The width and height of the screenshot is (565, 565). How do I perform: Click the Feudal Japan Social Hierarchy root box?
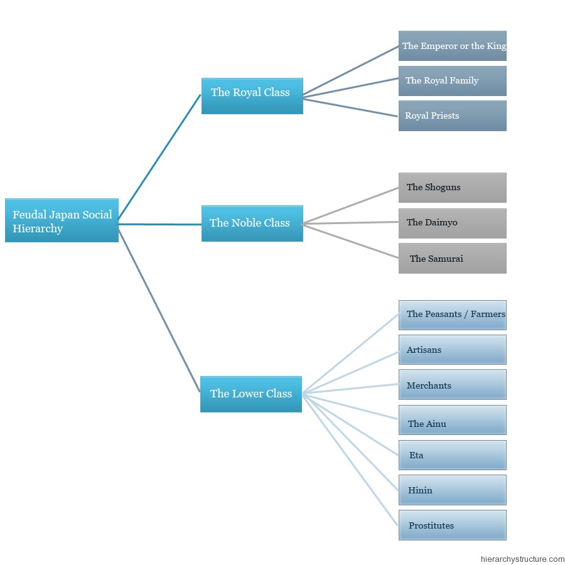tap(62, 220)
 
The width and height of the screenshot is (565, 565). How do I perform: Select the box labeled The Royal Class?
tap(252, 96)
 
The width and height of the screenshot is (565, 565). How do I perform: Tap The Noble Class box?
tap(252, 223)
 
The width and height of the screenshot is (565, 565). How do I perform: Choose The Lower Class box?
tap(251, 394)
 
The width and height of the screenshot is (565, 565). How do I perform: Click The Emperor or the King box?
tap(452, 46)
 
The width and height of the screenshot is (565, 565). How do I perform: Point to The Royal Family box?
tap(452, 81)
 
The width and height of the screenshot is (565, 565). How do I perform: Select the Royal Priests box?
tap(452, 116)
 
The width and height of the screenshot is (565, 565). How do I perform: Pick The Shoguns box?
tap(452, 188)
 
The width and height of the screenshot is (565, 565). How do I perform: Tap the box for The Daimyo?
tap(452, 223)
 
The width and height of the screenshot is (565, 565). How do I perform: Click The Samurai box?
tap(452, 259)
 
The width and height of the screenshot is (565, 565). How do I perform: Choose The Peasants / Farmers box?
tap(452, 315)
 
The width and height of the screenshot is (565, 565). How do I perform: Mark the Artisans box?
tap(452, 350)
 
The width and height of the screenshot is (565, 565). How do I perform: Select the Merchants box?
tap(452, 384)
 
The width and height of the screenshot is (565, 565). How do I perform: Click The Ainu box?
tap(452, 420)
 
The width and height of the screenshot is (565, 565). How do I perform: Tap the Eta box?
tap(452, 455)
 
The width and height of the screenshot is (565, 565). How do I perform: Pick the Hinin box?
tap(452, 490)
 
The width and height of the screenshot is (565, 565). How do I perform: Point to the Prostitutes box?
tap(452, 525)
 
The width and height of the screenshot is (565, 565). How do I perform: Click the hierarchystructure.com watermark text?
tap(522, 559)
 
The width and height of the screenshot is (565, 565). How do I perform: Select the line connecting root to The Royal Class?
tap(159, 157)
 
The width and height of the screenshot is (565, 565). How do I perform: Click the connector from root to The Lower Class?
tap(159, 310)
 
